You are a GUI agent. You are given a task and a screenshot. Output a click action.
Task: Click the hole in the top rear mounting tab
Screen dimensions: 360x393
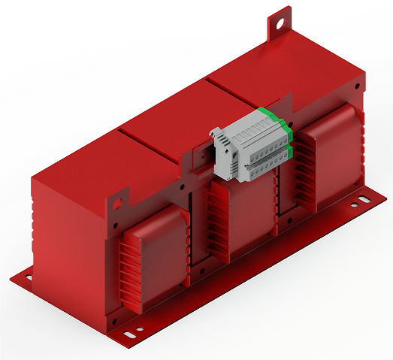[x=280, y=22]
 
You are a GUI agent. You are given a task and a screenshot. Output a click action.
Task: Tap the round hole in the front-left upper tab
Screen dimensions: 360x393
[x=117, y=202]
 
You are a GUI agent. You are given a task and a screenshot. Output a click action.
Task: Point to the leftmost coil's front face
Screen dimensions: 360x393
[x=158, y=252]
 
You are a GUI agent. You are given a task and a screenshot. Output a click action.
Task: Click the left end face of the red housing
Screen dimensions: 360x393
[x=68, y=225]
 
